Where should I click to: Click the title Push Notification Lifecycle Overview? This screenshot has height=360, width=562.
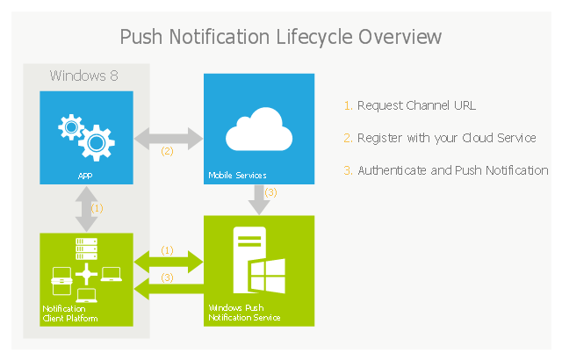(280, 37)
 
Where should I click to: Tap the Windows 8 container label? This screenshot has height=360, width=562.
(84, 76)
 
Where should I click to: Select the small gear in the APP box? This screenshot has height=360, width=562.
(71, 126)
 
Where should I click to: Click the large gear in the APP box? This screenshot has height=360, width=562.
(97, 143)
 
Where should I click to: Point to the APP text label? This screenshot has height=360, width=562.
(85, 176)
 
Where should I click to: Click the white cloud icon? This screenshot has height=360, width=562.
(259, 129)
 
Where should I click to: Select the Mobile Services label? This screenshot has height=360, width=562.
(237, 175)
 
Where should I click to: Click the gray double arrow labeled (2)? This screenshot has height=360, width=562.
(169, 138)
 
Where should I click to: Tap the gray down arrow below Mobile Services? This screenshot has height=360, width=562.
(259, 200)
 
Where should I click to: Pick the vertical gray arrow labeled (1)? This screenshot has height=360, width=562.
(86, 209)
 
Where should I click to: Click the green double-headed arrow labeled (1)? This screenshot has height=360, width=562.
(169, 263)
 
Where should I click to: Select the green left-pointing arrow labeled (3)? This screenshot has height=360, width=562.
(169, 289)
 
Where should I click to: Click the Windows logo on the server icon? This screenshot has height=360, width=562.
(267, 276)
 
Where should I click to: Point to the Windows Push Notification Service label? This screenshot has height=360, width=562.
(244, 313)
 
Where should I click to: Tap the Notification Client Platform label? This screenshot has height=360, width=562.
(70, 313)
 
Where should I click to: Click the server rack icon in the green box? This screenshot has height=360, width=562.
(86, 249)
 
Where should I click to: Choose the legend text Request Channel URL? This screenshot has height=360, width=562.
(416, 105)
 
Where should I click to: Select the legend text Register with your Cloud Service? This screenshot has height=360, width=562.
(447, 138)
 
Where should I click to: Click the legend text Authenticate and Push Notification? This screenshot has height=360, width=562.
(453, 170)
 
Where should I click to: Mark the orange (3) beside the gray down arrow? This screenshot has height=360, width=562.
(271, 192)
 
